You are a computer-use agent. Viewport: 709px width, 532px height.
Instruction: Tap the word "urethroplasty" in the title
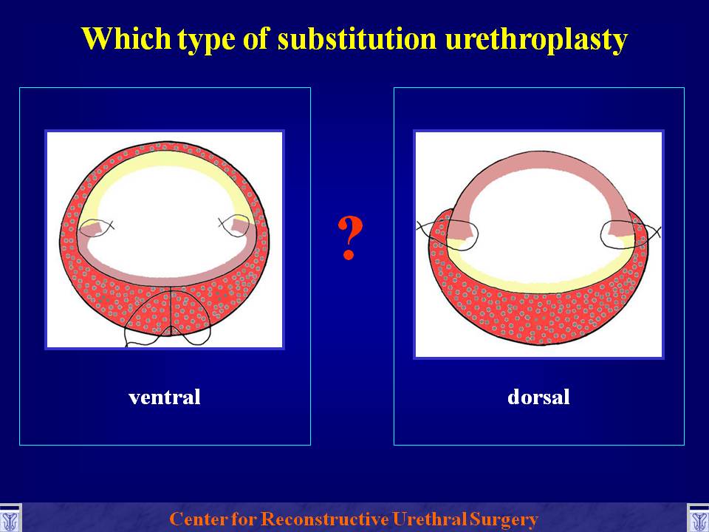536,40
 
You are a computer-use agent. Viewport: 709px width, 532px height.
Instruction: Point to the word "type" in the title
206,41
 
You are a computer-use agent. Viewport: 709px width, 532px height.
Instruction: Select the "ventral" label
165,398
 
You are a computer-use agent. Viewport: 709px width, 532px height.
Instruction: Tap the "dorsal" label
538,397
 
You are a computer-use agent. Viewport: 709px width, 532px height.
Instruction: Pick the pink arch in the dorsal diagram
539,160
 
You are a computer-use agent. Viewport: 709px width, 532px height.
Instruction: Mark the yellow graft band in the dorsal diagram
539,285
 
